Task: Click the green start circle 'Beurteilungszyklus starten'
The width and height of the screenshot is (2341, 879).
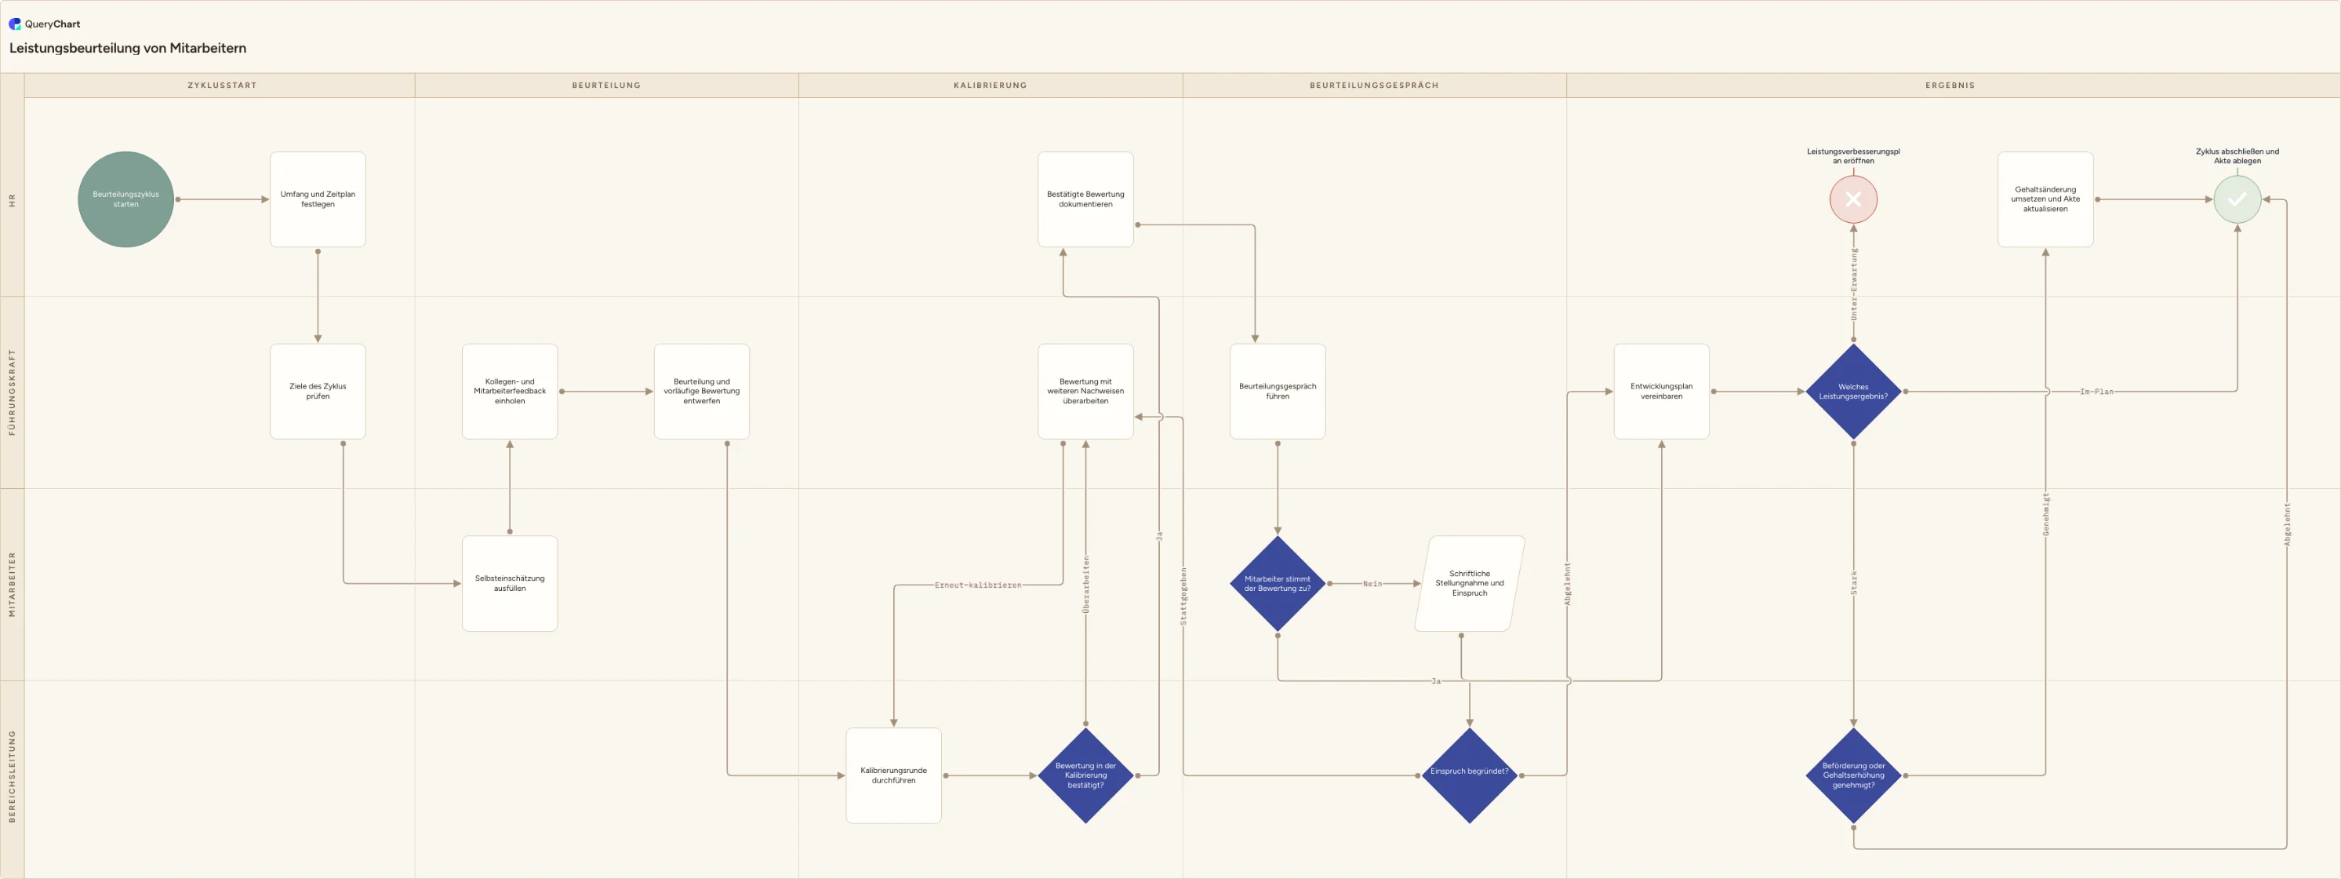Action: click(125, 199)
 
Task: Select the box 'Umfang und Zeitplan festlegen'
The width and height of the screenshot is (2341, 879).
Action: click(318, 199)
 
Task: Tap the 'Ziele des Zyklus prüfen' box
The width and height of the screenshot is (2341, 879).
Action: click(318, 391)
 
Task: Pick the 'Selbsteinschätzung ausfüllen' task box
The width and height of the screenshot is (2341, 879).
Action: click(510, 584)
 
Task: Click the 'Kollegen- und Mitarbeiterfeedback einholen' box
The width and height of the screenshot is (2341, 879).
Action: click(510, 391)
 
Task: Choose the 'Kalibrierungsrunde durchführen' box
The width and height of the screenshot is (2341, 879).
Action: click(893, 775)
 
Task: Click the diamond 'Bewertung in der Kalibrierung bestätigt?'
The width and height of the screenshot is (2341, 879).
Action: click(1085, 775)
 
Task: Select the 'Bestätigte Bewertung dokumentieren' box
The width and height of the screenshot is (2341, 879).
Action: click(1085, 199)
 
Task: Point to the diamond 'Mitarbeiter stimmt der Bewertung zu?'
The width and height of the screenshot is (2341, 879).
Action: click(1278, 584)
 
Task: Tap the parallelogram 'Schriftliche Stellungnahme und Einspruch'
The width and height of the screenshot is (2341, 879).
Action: click(1470, 584)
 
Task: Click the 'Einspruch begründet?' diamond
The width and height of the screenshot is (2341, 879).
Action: click(1470, 775)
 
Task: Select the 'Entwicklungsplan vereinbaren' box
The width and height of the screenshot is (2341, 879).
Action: click(1661, 391)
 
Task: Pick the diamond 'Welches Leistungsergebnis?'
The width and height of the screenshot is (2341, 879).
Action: click(1853, 391)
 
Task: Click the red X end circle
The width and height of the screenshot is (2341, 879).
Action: click(1853, 199)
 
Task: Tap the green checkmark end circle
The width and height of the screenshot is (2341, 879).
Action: click(2237, 199)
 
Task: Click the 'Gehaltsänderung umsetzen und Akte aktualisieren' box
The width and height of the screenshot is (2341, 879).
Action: click(2045, 199)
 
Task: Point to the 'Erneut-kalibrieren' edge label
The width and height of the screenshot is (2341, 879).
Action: click(978, 585)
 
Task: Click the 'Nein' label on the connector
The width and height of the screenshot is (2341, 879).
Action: click(1372, 584)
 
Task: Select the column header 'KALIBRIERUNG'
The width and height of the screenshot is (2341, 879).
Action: click(991, 86)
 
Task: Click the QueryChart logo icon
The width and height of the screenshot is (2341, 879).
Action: click(15, 24)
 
